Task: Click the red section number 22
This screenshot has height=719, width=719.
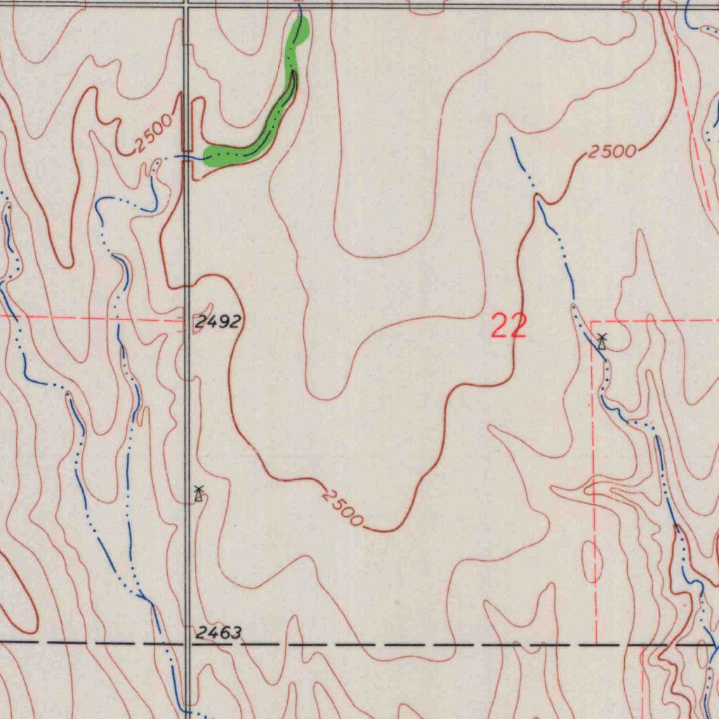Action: (x=509, y=326)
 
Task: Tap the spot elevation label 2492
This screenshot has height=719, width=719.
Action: (x=218, y=322)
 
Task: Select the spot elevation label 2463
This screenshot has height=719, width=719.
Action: (x=218, y=633)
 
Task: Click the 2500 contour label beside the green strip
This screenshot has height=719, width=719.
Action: (x=154, y=133)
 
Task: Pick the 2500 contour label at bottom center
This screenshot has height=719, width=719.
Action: (x=343, y=508)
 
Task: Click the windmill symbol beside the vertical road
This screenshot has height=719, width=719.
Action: (x=199, y=494)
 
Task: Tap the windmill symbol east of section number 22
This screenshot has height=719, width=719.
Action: (x=602, y=342)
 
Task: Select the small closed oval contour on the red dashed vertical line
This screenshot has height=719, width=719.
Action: (x=593, y=562)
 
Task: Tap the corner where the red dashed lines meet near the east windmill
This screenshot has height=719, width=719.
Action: (x=593, y=322)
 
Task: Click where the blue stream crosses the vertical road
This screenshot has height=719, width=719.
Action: (x=187, y=157)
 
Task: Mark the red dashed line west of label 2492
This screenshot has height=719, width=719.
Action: (x=91, y=318)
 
